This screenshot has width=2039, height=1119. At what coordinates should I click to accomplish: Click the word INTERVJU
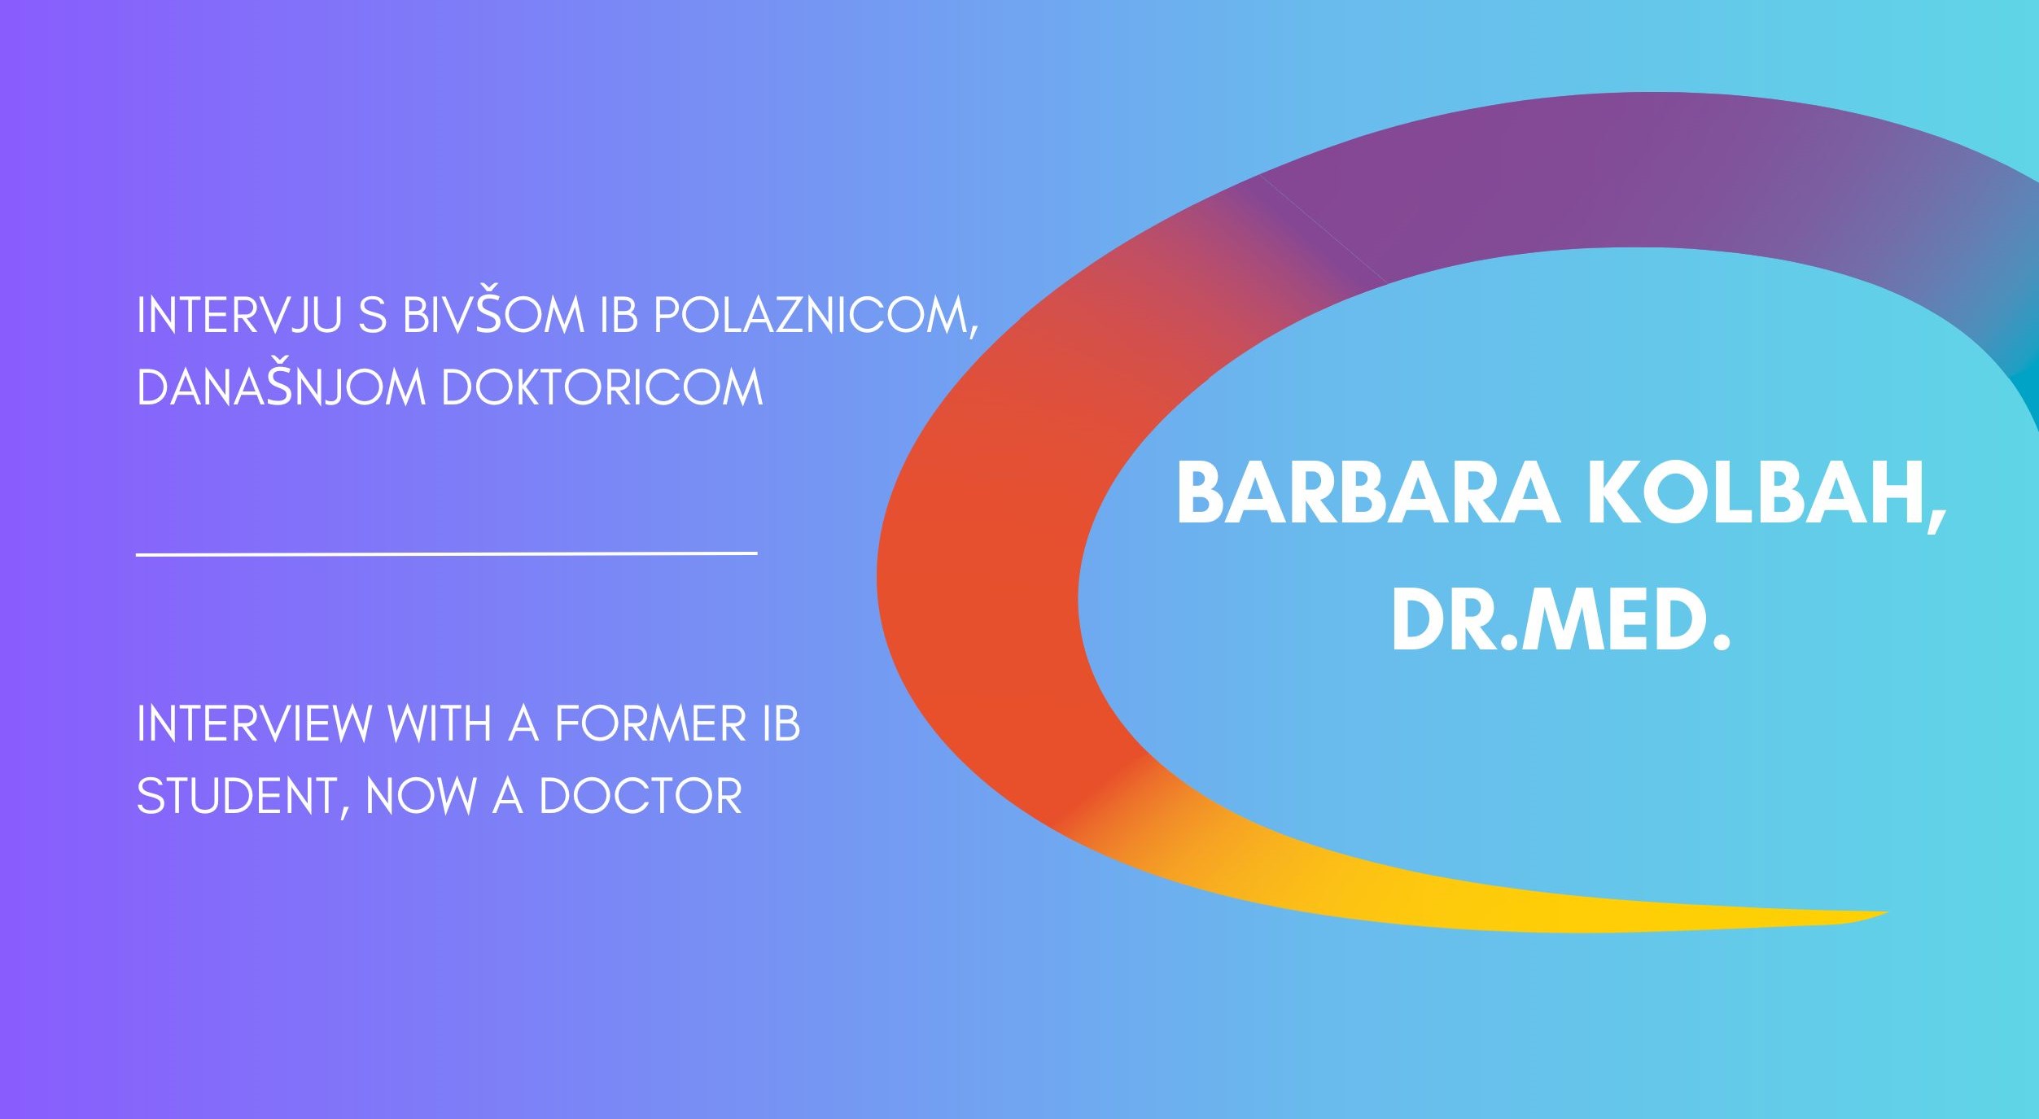[238, 316]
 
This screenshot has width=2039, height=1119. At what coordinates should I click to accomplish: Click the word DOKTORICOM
[602, 387]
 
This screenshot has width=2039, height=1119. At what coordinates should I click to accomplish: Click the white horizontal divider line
[447, 553]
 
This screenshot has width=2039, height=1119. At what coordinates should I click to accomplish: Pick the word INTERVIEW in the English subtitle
[253, 723]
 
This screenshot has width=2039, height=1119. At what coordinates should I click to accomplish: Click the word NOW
[421, 796]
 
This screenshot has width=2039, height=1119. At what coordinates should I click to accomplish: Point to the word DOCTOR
[641, 796]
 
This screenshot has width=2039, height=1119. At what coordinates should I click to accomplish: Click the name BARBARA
[1368, 493]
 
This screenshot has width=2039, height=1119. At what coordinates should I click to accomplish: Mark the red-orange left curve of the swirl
[977, 570]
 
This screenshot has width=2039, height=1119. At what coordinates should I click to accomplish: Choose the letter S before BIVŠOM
[372, 316]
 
